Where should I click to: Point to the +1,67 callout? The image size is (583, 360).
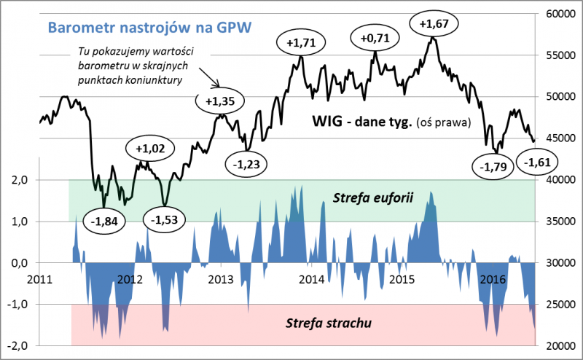(434, 23)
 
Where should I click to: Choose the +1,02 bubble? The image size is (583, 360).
(150, 148)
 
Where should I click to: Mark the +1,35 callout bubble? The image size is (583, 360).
(220, 101)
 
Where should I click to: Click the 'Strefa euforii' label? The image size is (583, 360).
(367, 197)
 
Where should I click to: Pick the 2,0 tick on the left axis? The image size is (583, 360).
(18, 180)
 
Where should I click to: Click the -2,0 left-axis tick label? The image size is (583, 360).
(17, 345)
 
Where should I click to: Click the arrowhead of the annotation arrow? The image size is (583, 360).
(219, 86)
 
